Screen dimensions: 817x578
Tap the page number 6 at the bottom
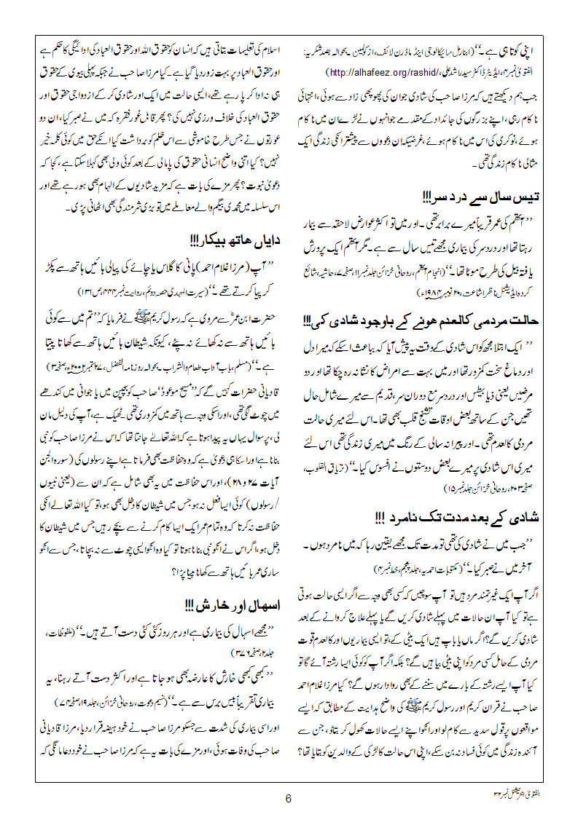289,798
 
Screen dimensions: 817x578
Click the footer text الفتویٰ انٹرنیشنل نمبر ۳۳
513,790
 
